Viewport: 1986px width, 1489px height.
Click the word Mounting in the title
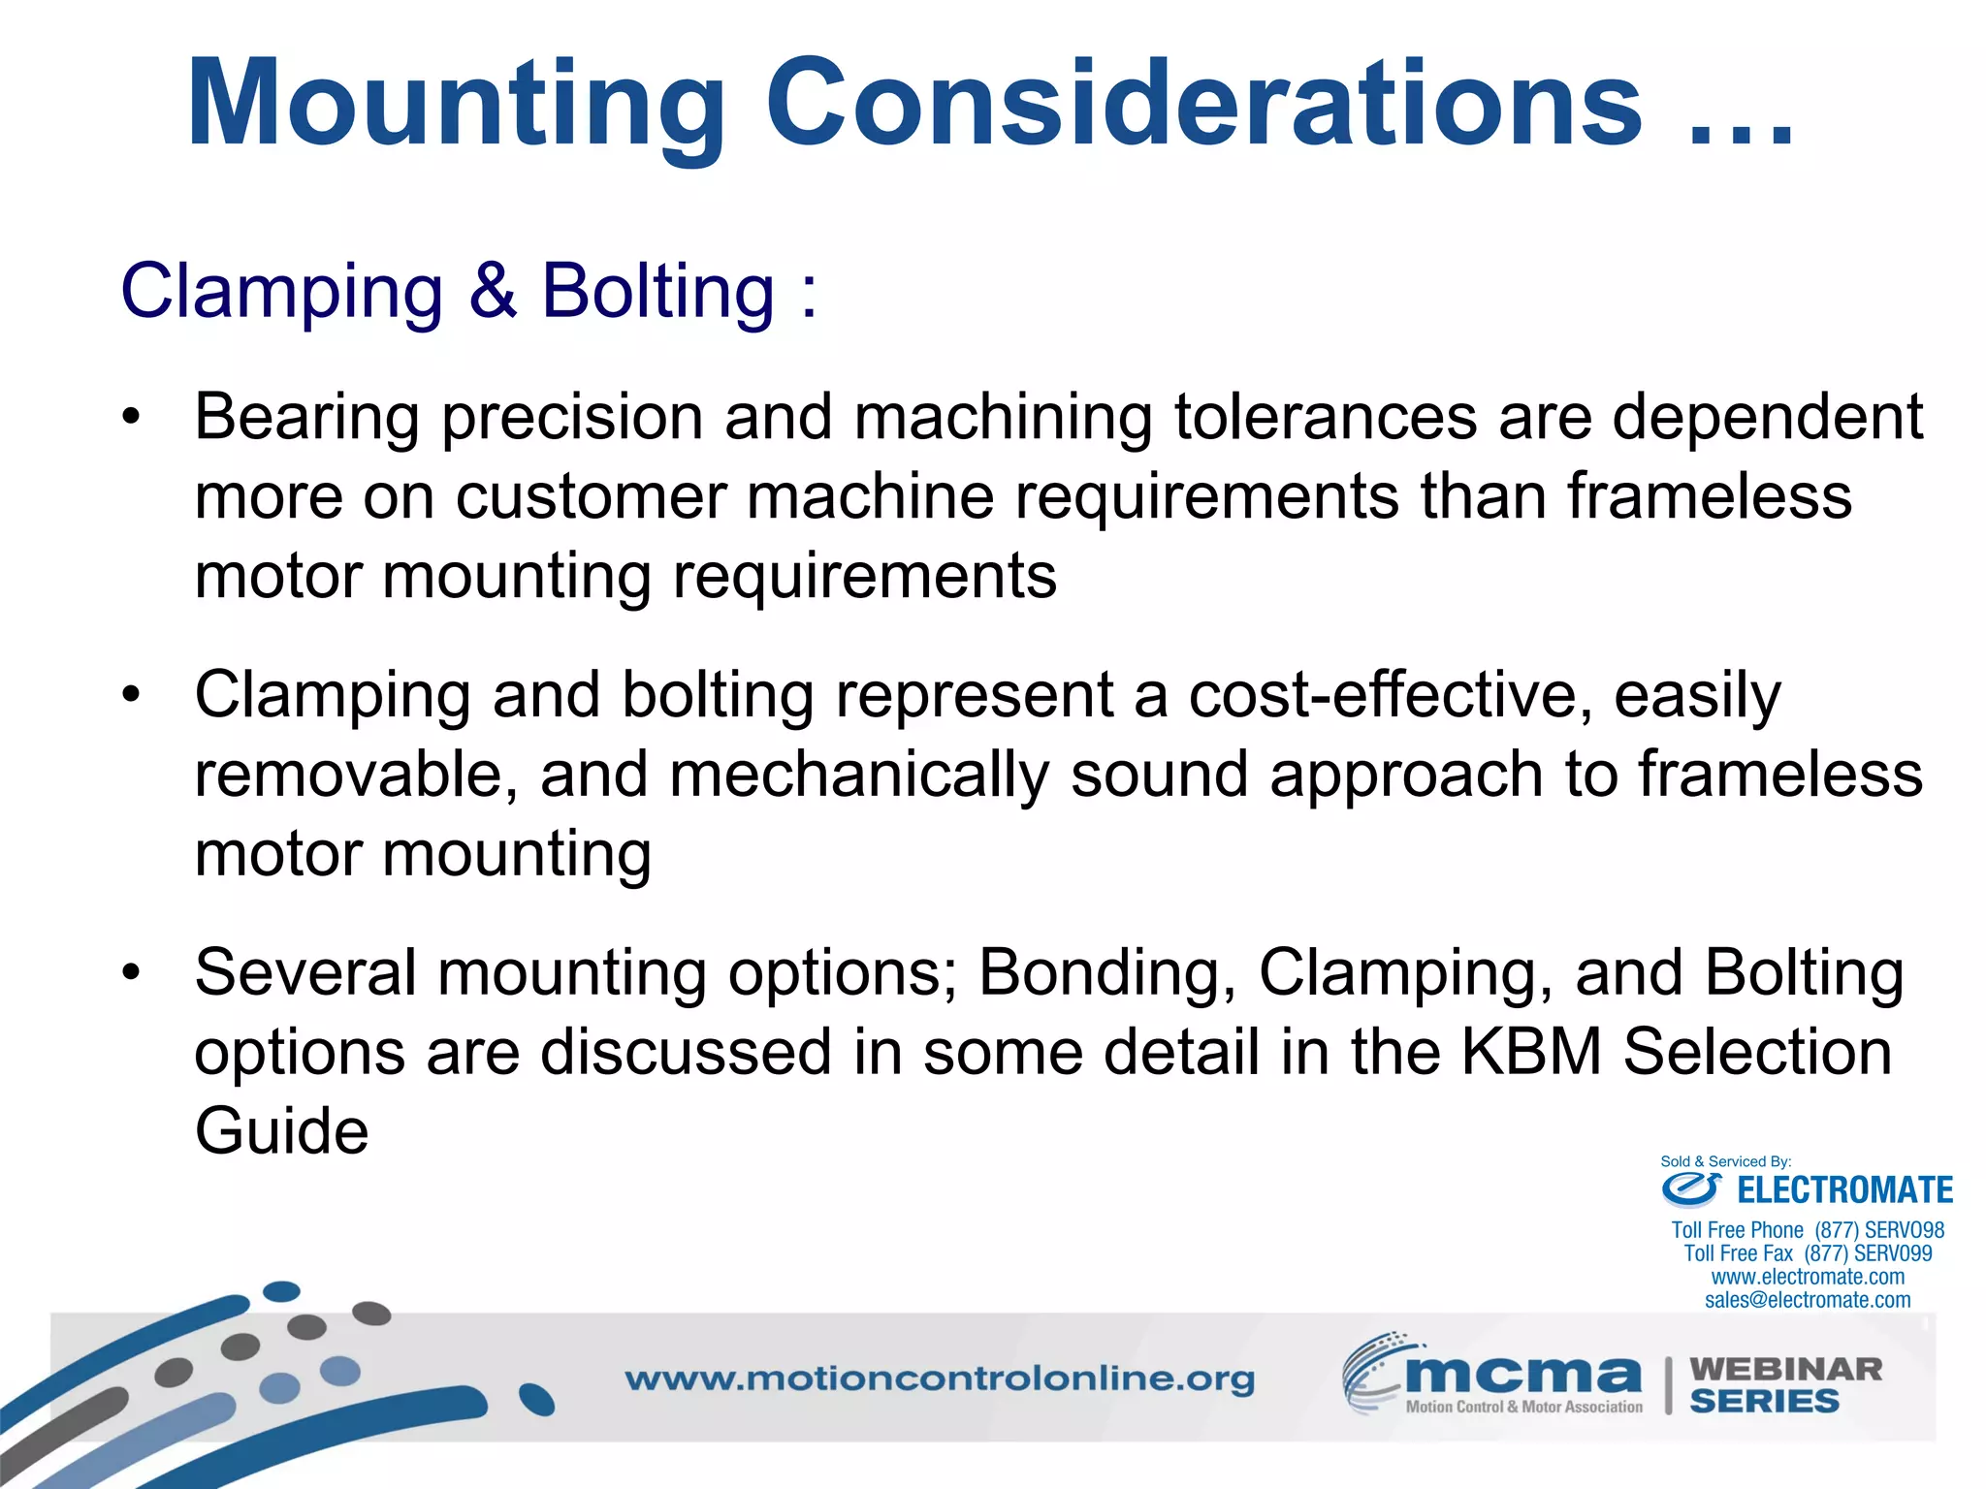point(456,105)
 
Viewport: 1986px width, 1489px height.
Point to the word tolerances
point(1325,417)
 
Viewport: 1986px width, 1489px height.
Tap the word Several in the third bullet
point(305,972)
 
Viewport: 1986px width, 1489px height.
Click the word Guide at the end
point(281,1131)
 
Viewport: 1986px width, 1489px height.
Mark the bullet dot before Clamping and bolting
point(131,696)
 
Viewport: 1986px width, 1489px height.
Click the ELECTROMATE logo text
point(1843,1189)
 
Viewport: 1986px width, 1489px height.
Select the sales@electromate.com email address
point(1808,1300)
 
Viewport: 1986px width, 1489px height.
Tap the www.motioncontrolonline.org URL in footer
point(939,1378)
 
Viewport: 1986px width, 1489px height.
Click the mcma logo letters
point(1522,1374)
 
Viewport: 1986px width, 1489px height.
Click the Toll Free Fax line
point(1808,1253)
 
